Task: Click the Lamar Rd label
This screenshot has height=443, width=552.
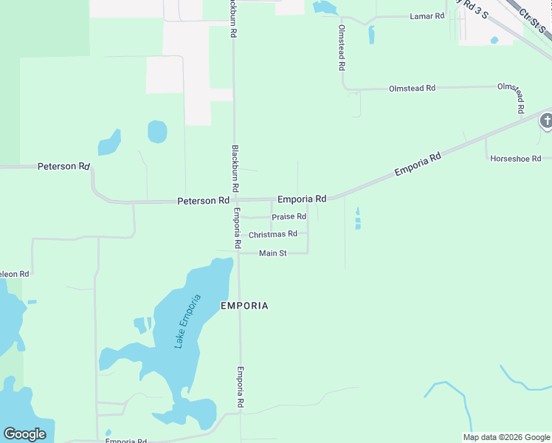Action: pyautogui.click(x=427, y=16)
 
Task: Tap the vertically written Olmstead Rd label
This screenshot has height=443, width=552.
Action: pyautogui.click(x=342, y=47)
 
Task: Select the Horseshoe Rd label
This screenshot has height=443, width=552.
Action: pyautogui.click(x=516, y=159)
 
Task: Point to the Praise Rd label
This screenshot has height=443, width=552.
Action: pyautogui.click(x=289, y=217)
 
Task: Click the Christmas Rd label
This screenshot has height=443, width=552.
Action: pyautogui.click(x=273, y=235)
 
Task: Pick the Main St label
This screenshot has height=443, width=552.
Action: pyautogui.click(x=272, y=254)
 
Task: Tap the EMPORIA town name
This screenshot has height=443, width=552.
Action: pyautogui.click(x=244, y=306)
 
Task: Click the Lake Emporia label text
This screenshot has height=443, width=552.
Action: pyautogui.click(x=187, y=321)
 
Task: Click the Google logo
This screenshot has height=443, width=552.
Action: pyautogui.click(x=24, y=434)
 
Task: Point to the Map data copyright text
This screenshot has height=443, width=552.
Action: pyautogui.click(x=506, y=437)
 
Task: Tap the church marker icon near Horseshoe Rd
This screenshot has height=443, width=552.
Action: pyautogui.click(x=546, y=120)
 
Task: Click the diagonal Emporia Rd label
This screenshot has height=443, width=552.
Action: pyautogui.click(x=418, y=164)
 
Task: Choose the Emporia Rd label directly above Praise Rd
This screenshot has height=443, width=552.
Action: pyautogui.click(x=302, y=199)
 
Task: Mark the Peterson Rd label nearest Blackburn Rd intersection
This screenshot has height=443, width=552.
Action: pyautogui.click(x=203, y=201)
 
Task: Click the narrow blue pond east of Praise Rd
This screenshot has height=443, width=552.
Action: pyautogui.click(x=358, y=219)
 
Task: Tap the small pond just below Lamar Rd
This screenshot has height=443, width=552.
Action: pyautogui.click(x=371, y=35)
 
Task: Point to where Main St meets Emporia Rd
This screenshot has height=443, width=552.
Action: pyautogui.click(x=238, y=253)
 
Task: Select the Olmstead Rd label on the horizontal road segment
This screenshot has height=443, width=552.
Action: pyautogui.click(x=412, y=89)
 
